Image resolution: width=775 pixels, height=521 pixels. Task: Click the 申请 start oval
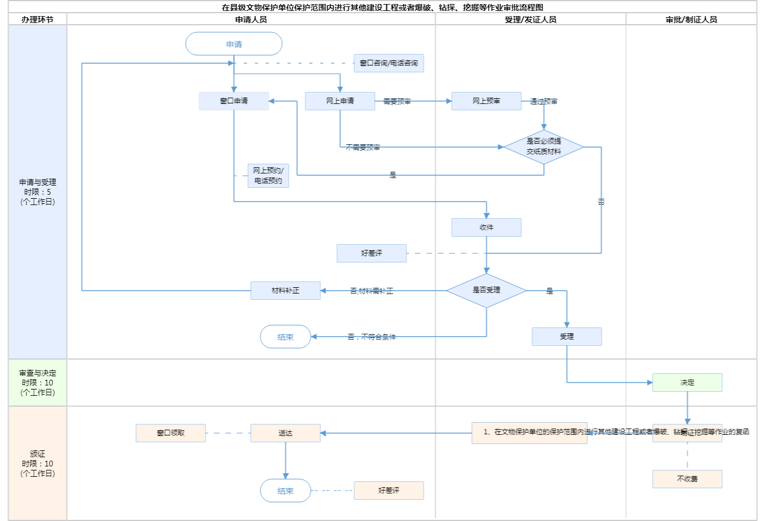point(234,44)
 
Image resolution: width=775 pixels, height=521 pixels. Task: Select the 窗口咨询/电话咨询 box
point(389,63)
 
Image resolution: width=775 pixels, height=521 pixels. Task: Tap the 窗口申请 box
point(234,101)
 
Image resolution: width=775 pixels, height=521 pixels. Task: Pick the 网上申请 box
point(340,101)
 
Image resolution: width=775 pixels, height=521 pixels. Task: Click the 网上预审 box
point(486,101)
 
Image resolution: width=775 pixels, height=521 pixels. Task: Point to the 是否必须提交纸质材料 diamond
point(544,147)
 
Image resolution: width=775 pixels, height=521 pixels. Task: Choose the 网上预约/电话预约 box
point(268,176)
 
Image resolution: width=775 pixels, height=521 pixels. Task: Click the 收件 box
point(486,227)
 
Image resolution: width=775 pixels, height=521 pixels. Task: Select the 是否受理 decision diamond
point(486,291)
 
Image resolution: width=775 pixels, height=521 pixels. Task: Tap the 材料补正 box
point(285,291)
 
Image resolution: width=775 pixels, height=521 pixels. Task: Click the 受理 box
point(567,337)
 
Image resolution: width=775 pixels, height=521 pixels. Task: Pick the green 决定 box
point(687,383)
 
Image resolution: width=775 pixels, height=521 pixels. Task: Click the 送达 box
point(285,433)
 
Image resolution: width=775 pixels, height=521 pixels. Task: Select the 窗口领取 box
point(170,433)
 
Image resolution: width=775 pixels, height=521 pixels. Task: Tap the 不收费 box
point(687,479)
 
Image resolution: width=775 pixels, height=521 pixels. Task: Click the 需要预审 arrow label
point(397,102)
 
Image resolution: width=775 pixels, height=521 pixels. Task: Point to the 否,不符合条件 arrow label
point(371,337)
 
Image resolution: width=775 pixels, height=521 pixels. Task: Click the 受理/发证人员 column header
point(530,20)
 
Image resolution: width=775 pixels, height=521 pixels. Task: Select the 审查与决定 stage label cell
point(38,383)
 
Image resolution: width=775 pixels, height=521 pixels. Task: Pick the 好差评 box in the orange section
point(389,491)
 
